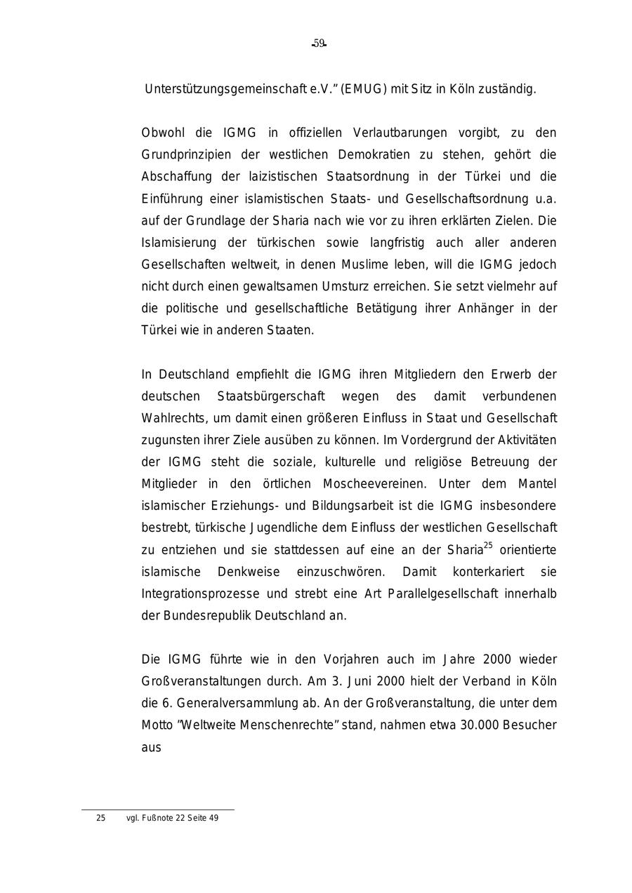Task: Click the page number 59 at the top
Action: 320,43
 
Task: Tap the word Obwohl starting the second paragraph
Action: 162,133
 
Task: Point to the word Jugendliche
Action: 258,527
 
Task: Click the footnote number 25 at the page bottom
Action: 100,818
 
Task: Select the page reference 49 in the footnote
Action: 213,818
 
